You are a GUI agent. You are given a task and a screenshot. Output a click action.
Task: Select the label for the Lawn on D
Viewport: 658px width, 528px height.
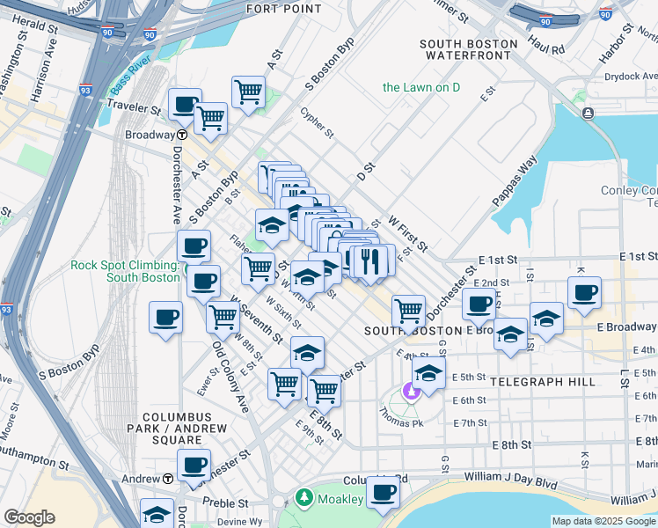[x=421, y=87]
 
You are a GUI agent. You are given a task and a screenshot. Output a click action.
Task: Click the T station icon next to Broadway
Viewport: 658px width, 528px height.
[x=181, y=136]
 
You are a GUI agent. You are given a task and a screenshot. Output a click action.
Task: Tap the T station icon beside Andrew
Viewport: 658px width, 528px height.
[x=167, y=479]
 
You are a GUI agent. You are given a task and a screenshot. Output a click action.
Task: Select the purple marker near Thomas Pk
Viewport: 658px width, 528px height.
[x=410, y=391]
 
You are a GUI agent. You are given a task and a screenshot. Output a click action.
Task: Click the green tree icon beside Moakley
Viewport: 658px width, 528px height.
[x=304, y=499]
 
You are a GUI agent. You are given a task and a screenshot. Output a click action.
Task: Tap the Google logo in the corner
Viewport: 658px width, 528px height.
[x=29, y=517]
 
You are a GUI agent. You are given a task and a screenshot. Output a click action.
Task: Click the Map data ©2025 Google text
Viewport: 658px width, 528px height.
[x=603, y=521]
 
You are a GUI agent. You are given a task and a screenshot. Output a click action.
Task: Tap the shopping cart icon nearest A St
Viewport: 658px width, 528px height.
[x=249, y=91]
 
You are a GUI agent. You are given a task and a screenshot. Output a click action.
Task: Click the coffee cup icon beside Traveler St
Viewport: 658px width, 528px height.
[x=185, y=103]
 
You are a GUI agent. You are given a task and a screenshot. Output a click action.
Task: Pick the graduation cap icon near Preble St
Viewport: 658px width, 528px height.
[x=157, y=512]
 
